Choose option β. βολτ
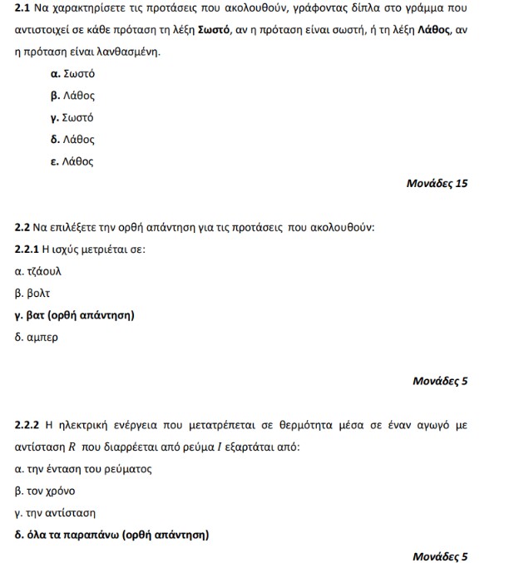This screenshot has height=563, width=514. [x=33, y=294]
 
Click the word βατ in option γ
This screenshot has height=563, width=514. [x=35, y=315]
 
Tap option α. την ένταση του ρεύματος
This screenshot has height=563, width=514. [x=83, y=469]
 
